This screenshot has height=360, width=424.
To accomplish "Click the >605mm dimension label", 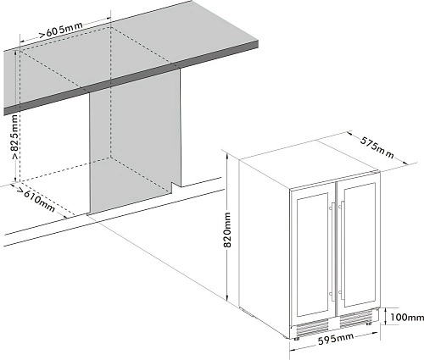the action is (61, 30).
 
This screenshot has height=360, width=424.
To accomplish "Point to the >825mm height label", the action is (15, 136).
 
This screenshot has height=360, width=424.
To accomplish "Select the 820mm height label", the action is (227, 230).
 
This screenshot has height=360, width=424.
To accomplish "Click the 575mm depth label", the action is (377, 147).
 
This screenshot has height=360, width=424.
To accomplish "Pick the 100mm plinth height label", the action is (407, 318).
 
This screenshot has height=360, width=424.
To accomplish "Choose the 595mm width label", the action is (336, 339).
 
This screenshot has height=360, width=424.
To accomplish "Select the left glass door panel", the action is (312, 254).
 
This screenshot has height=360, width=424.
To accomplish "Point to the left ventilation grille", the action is (312, 327).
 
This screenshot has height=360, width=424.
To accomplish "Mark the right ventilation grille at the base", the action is (356, 319).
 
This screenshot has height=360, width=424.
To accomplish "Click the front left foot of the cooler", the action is (296, 338).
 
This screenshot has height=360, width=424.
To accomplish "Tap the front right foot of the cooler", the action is (369, 324).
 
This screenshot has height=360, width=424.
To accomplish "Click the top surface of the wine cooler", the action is (309, 164).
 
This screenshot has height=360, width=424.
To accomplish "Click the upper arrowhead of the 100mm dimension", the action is (386, 310).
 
